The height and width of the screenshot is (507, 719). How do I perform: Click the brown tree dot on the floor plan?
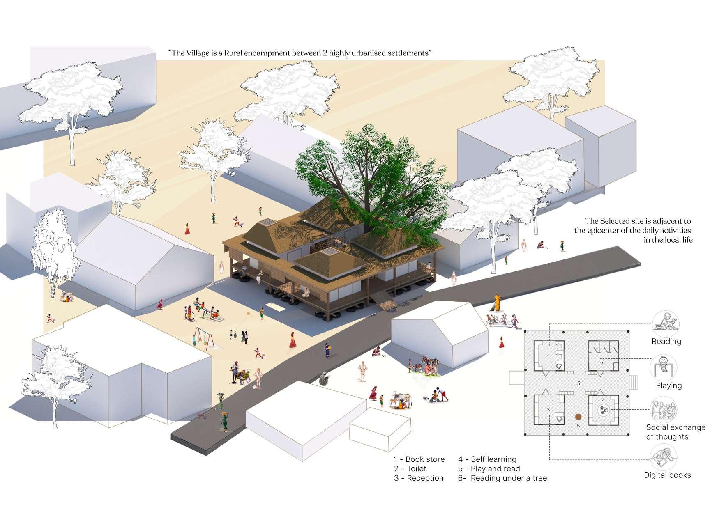(578, 416)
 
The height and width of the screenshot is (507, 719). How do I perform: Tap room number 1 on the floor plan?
(548, 356)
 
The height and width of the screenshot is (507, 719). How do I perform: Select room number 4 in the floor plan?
(603, 400)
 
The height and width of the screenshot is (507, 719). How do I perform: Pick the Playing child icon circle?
(663, 367)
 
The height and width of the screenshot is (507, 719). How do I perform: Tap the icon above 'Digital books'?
(664, 458)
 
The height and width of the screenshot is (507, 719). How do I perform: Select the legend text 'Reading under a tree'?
(509, 478)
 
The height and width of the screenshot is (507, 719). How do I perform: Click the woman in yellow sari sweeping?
(498, 303)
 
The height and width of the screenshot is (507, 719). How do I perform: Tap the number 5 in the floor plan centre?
(578, 383)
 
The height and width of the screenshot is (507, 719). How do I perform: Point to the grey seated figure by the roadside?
(324, 379)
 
